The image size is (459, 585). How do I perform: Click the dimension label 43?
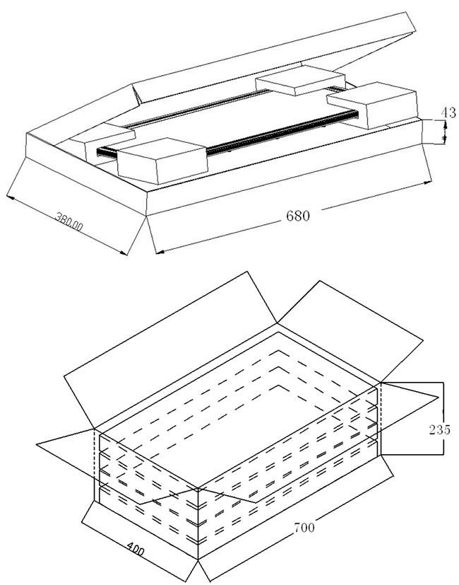448,112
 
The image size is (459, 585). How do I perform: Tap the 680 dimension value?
298,216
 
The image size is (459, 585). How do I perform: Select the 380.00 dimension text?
69,221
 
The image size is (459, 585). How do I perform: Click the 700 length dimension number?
304,528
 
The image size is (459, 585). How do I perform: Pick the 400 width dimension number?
136,550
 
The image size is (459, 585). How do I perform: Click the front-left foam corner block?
162,161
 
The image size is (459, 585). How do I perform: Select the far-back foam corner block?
300,80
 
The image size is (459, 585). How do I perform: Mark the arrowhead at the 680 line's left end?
160,253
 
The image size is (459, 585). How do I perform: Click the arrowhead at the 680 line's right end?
429,182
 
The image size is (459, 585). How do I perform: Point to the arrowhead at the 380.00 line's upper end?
11,197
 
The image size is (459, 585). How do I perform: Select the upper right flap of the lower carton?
350,332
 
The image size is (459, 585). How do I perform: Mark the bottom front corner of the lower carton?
198,560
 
